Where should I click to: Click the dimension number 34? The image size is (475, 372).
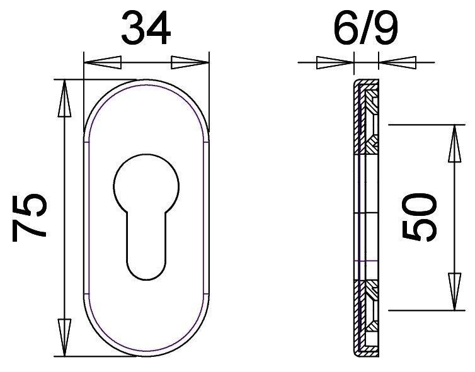click(146, 28)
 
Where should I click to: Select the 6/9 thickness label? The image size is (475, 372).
click(366, 28)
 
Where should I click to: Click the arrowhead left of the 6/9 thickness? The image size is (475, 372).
click(335, 63)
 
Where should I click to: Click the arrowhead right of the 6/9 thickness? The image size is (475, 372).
click(398, 63)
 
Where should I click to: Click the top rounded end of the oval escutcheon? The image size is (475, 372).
click(146, 84)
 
